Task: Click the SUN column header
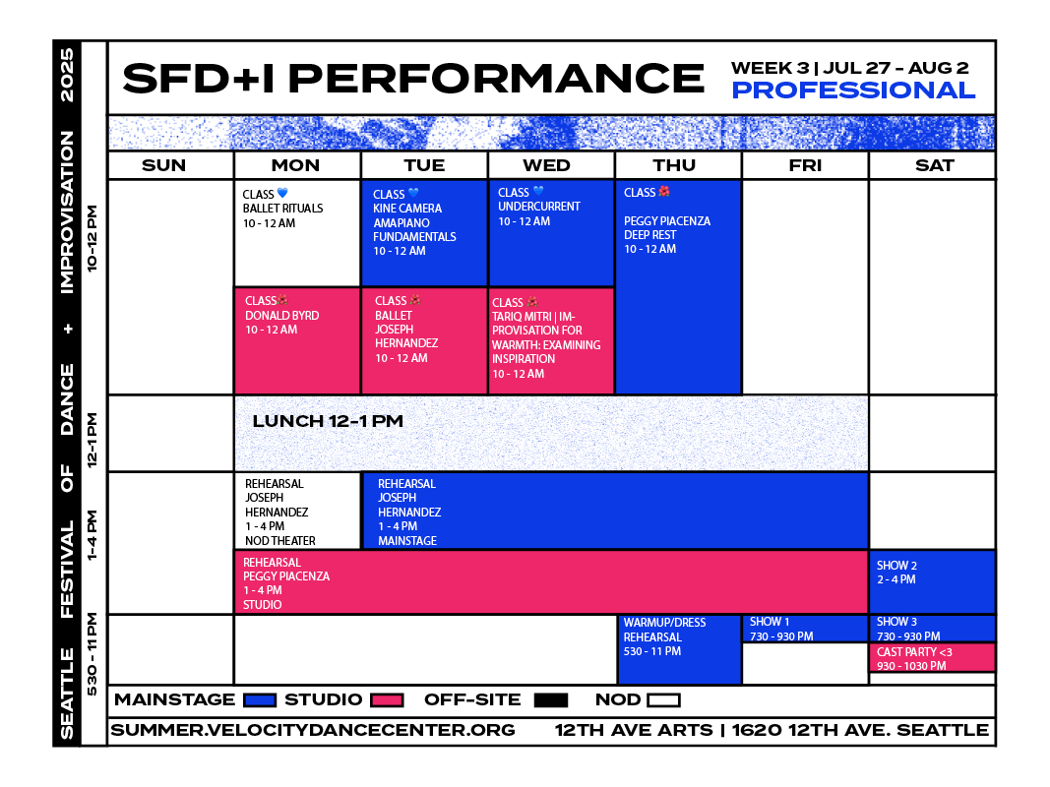click(164, 165)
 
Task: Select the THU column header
click(674, 165)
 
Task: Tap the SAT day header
click(934, 165)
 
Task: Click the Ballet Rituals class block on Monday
click(297, 233)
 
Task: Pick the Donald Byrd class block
click(297, 341)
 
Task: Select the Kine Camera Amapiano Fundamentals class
click(424, 233)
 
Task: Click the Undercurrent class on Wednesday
click(552, 233)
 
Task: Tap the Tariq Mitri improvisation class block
click(552, 341)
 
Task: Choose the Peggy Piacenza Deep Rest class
click(678, 287)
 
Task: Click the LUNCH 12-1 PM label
click(328, 421)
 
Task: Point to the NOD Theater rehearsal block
click(297, 512)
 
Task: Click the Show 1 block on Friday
click(805, 629)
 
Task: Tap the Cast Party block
click(932, 658)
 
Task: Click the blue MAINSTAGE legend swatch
click(260, 700)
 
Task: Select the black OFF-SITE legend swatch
click(551, 700)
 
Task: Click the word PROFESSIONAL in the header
click(853, 91)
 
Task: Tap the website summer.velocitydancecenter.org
click(313, 730)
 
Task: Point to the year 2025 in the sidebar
click(67, 75)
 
